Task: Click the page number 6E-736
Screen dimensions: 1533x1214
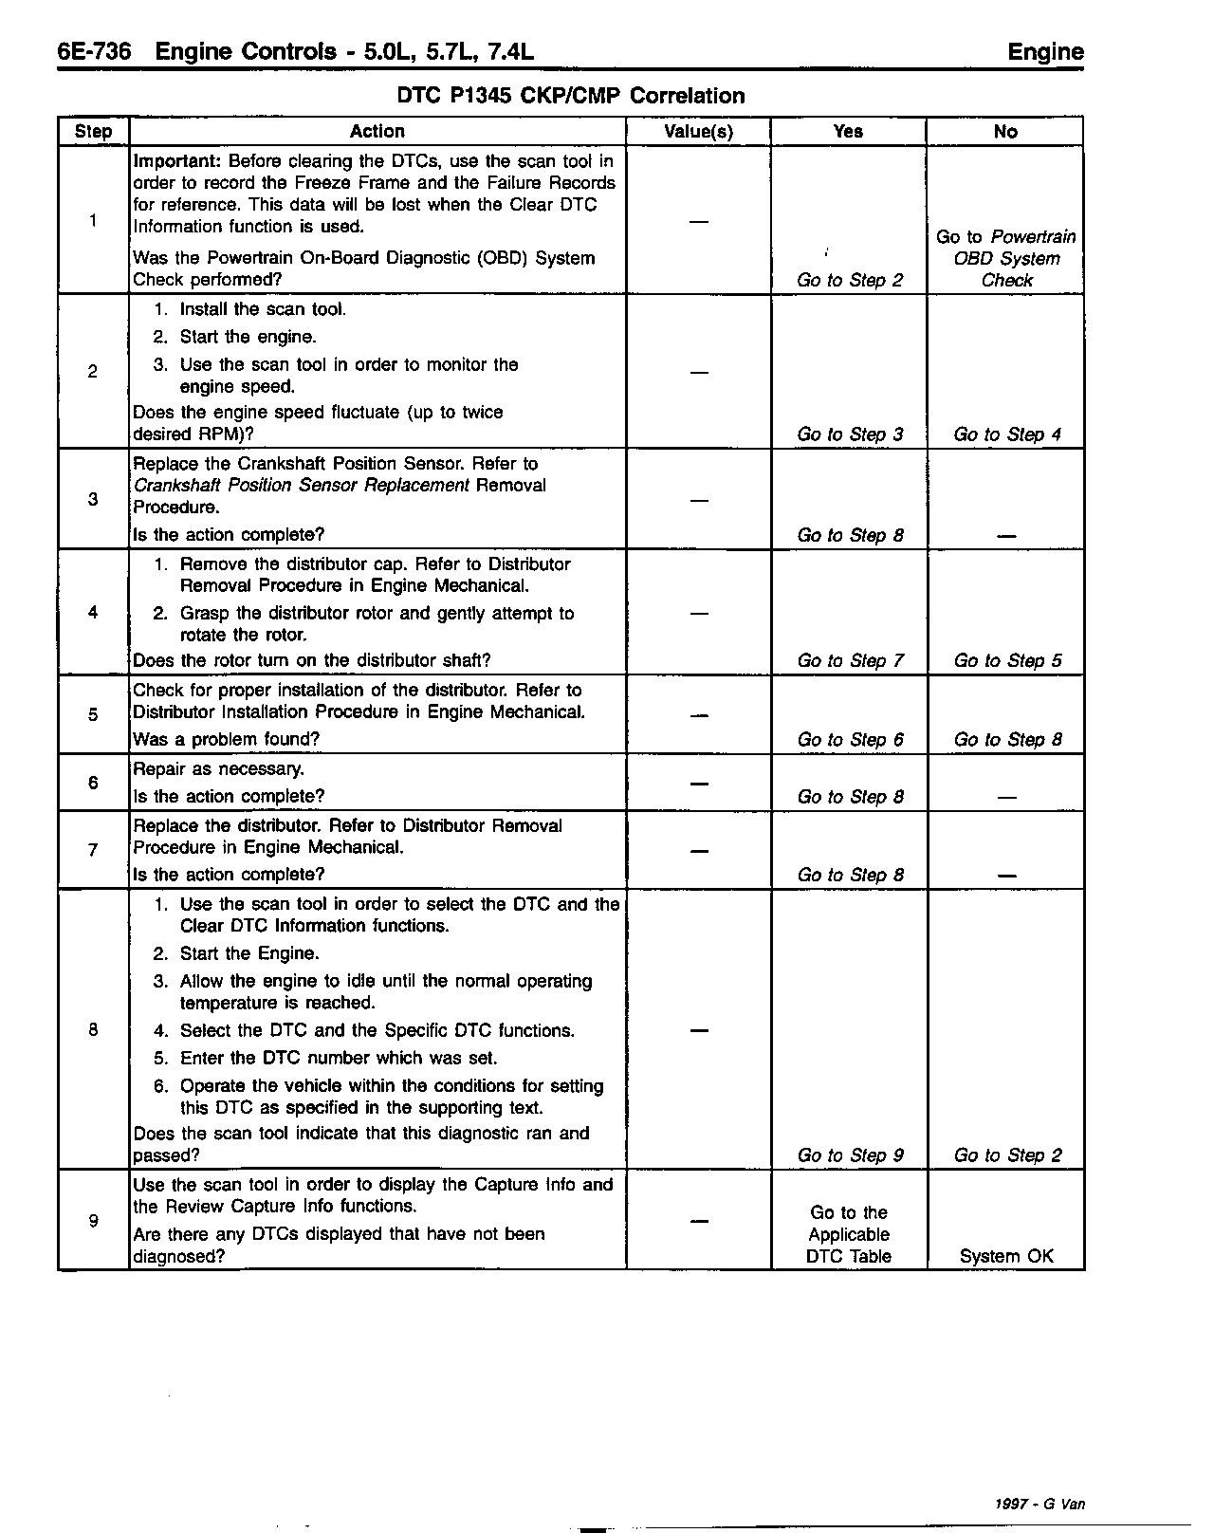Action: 94,51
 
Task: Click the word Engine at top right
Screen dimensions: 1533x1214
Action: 1045,51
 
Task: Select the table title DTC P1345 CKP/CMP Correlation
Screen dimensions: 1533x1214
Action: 570,96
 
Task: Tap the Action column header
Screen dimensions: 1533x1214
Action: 377,132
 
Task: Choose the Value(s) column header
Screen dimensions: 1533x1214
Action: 698,132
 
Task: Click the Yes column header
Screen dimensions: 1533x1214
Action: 847,132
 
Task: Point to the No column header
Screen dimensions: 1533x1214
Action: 1004,132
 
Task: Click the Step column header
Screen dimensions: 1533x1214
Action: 93,132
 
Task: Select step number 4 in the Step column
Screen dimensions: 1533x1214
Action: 93,613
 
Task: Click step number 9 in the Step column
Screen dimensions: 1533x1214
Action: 93,1221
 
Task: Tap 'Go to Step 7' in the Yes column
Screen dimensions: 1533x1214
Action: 850,660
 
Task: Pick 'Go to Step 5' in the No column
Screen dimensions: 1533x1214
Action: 1007,660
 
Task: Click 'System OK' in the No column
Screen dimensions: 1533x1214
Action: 1006,1256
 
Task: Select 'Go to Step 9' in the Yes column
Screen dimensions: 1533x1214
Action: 850,1155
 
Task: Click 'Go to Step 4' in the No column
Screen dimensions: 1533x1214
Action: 1007,434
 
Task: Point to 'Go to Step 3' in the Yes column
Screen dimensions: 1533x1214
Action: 850,434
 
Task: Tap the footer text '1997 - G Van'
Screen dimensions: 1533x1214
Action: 1039,1504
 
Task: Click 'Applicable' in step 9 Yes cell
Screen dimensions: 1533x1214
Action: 849,1234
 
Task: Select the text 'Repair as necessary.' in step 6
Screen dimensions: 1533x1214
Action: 219,769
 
